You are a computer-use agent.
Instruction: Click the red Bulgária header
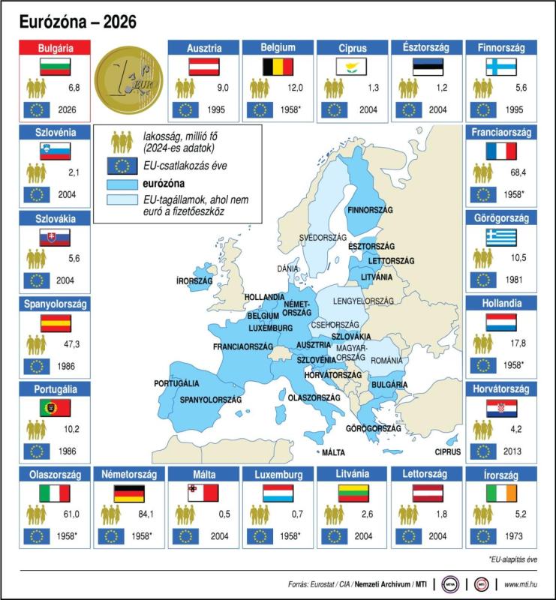tap(55, 48)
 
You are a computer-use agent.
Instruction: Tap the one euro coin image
tap(132, 79)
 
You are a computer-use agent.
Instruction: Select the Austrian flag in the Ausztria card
tap(203, 67)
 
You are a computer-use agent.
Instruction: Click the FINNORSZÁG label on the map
tap(370, 211)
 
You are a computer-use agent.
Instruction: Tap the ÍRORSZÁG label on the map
tap(194, 280)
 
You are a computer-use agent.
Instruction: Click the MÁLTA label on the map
tap(333, 452)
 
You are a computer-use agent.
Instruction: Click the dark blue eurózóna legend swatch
tap(120, 183)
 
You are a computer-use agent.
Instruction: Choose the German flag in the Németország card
tap(128, 493)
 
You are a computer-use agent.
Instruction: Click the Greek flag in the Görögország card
tap(500, 238)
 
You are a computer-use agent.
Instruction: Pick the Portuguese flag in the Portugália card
tap(55, 408)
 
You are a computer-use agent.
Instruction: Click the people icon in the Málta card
tap(185, 514)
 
